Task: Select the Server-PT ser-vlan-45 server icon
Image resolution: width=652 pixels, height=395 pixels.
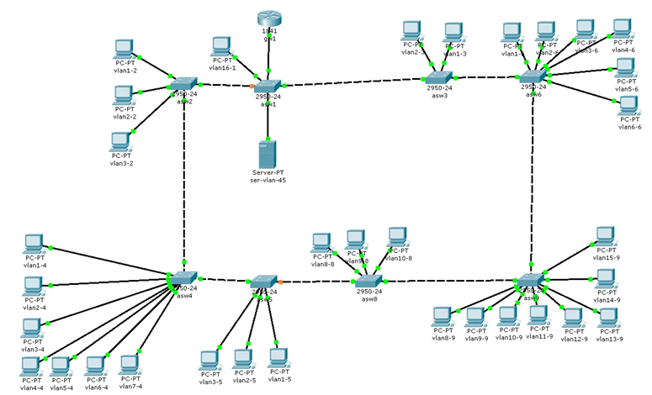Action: point(268,154)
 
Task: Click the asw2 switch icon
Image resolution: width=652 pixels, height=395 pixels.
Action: point(182,85)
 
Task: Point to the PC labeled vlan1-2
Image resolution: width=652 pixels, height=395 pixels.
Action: point(125,48)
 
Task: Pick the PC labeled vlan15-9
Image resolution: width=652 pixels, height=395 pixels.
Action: point(605,236)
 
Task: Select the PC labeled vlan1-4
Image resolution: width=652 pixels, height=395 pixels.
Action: point(34,244)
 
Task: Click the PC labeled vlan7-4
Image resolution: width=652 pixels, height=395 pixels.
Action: point(129,364)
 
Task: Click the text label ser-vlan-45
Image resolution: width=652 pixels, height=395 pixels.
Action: point(268,181)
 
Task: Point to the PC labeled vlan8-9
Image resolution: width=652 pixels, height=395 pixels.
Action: point(442,317)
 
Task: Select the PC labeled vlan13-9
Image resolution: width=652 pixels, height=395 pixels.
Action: point(607,318)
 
